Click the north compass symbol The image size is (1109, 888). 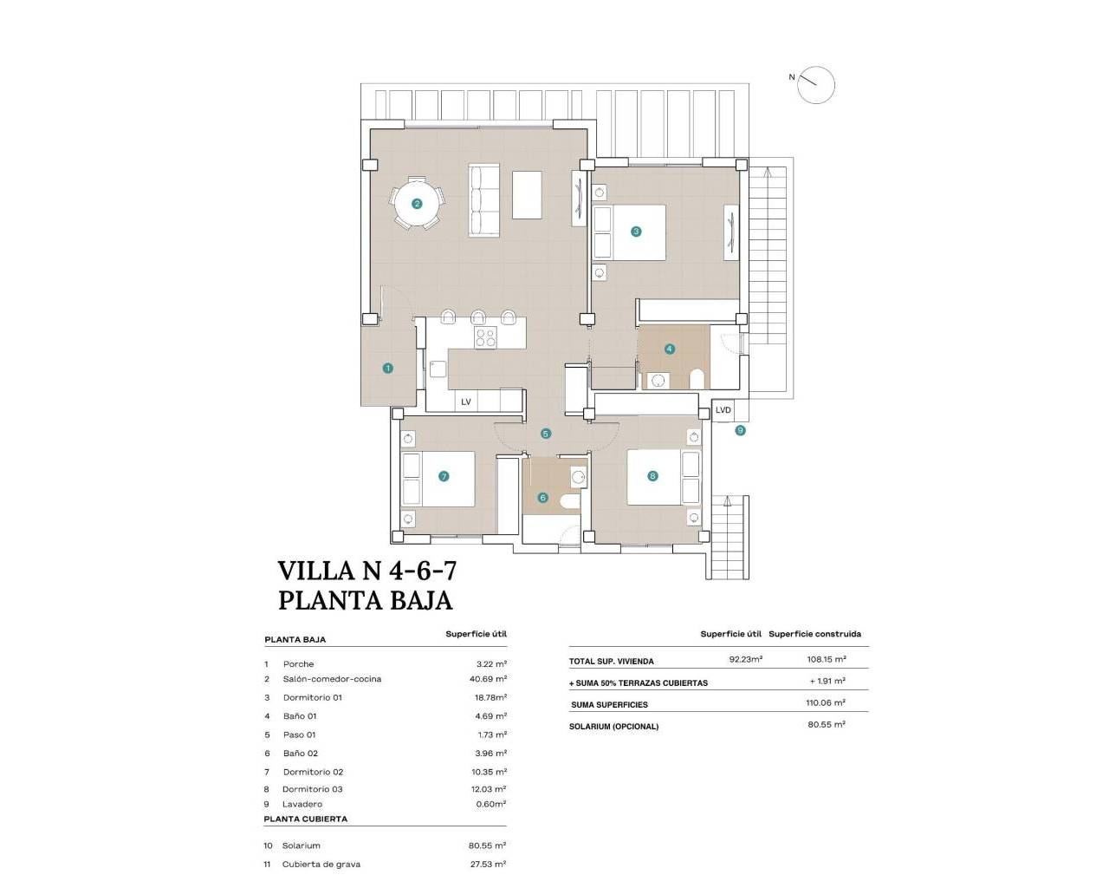pos(815,85)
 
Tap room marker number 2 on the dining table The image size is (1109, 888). pos(417,205)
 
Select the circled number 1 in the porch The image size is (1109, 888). pos(387,369)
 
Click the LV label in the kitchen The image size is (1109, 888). pos(466,402)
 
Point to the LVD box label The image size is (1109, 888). pos(723,410)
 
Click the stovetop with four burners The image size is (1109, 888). pos(485,337)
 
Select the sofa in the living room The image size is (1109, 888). pos(484,199)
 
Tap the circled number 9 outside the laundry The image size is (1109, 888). pos(740,430)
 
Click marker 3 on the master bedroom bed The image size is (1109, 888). pos(636,232)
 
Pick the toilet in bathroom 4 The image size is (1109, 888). pos(697,378)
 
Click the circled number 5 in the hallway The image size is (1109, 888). pos(545,434)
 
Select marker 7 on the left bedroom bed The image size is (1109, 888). pos(444,476)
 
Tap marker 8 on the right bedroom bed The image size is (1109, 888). pos(652,475)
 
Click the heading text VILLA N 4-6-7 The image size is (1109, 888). pos(366,571)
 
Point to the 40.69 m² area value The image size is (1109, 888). pos(488,679)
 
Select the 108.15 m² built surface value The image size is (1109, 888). pos(826,660)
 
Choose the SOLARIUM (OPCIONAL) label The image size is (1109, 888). pos(613,727)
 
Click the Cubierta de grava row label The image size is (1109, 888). pos(321,864)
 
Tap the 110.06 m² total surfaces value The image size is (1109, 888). pos(826,703)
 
